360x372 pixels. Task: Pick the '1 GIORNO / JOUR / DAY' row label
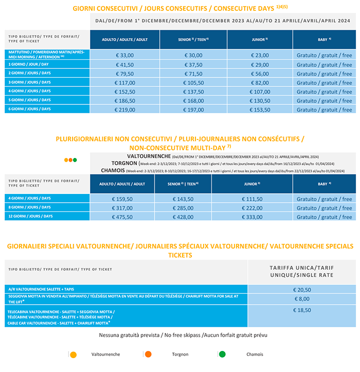29,64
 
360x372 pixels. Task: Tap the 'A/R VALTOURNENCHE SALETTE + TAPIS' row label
43,289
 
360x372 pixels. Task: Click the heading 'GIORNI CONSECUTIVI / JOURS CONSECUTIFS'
154,9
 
